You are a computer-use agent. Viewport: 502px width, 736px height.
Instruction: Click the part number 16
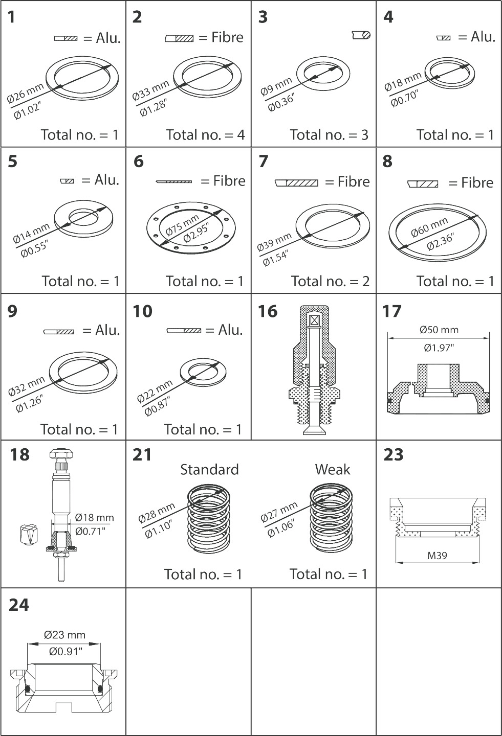click(268, 311)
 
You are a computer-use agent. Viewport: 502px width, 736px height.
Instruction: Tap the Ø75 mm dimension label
click(182, 225)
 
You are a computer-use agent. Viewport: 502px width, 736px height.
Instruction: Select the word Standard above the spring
click(209, 470)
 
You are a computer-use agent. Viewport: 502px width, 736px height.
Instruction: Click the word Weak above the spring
click(332, 470)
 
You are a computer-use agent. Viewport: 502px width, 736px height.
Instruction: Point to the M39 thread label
click(437, 556)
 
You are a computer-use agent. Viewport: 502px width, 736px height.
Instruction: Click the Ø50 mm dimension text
click(439, 330)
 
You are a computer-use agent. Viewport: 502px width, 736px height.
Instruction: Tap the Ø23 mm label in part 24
click(64, 634)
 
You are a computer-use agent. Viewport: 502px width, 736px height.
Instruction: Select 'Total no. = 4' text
click(205, 135)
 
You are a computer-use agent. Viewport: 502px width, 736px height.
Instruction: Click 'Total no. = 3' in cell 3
click(329, 135)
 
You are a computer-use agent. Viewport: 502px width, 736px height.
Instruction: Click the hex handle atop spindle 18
click(61, 455)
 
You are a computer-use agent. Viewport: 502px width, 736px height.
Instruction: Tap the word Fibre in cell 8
click(477, 182)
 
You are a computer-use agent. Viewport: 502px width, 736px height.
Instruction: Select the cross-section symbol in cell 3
click(361, 35)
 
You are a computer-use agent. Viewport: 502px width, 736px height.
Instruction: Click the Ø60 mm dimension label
click(429, 227)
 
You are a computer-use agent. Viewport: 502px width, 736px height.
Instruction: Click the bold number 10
click(142, 311)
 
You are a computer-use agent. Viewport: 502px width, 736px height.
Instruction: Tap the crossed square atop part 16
click(314, 320)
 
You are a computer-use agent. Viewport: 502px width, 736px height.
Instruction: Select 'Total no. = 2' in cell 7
click(330, 281)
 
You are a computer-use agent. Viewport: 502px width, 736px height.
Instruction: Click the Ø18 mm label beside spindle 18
click(94, 517)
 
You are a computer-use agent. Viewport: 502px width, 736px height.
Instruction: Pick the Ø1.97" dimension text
click(439, 348)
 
